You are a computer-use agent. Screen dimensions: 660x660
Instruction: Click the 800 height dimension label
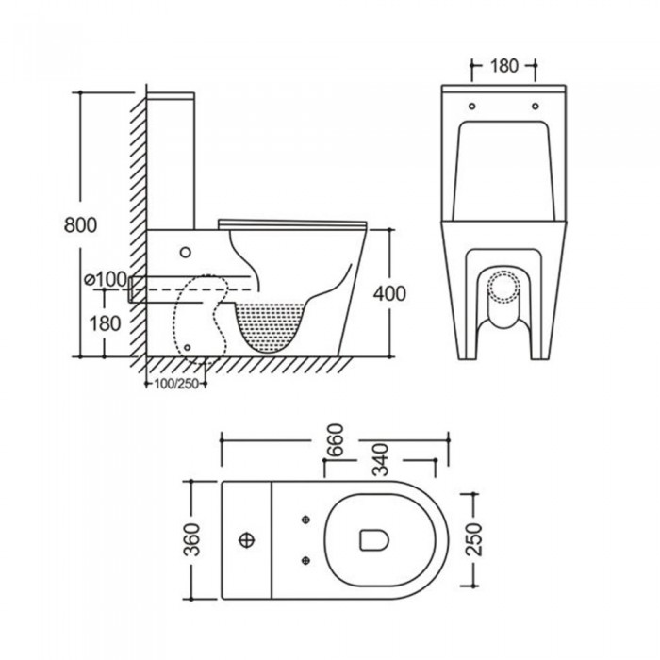click(x=80, y=224)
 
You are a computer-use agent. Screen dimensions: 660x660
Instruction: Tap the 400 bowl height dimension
click(x=389, y=293)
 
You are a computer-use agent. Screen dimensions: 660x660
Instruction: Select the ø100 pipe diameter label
click(x=105, y=279)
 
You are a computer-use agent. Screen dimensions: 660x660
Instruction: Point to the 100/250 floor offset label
click(x=176, y=384)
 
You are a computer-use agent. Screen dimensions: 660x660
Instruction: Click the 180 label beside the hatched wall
click(x=106, y=323)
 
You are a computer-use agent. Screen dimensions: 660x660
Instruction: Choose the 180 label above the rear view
click(x=503, y=66)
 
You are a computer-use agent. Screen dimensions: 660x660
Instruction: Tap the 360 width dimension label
click(x=191, y=539)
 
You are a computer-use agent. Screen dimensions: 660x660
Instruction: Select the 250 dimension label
click(x=474, y=539)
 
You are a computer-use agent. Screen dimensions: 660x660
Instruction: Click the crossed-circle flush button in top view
click(x=246, y=540)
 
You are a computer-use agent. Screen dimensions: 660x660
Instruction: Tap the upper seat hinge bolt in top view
click(x=306, y=520)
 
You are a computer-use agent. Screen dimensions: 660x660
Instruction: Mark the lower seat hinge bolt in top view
click(x=306, y=560)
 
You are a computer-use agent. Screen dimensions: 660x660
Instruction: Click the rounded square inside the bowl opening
click(x=373, y=540)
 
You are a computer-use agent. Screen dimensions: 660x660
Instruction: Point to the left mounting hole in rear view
click(x=471, y=106)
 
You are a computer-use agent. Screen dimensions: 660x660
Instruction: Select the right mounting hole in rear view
click(x=535, y=106)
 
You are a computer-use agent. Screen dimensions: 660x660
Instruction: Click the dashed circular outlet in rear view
click(x=503, y=286)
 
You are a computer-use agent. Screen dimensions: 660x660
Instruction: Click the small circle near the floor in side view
click(x=188, y=347)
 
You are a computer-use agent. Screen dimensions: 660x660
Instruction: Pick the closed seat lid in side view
click(x=293, y=224)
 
